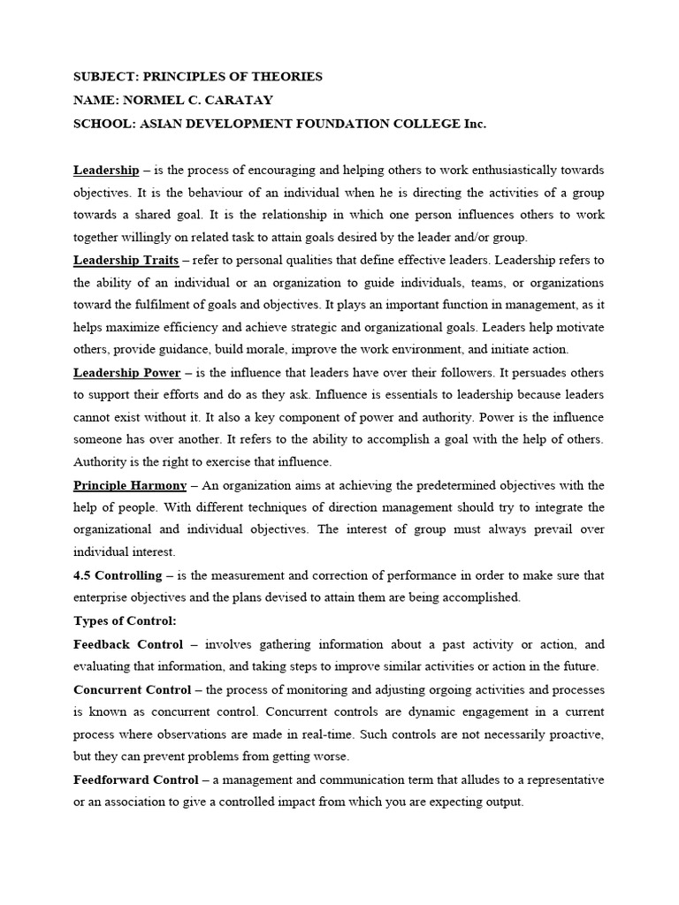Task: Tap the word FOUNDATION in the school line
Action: click(x=339, y=125)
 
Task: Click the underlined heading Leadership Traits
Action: click(x=126, y=261)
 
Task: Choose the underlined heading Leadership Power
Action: click(x=126, y=373)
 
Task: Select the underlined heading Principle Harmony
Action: click(x=130, y=485)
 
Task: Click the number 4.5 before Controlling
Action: click(x=83, y=575)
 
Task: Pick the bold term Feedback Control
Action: click(x=128, y=644)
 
